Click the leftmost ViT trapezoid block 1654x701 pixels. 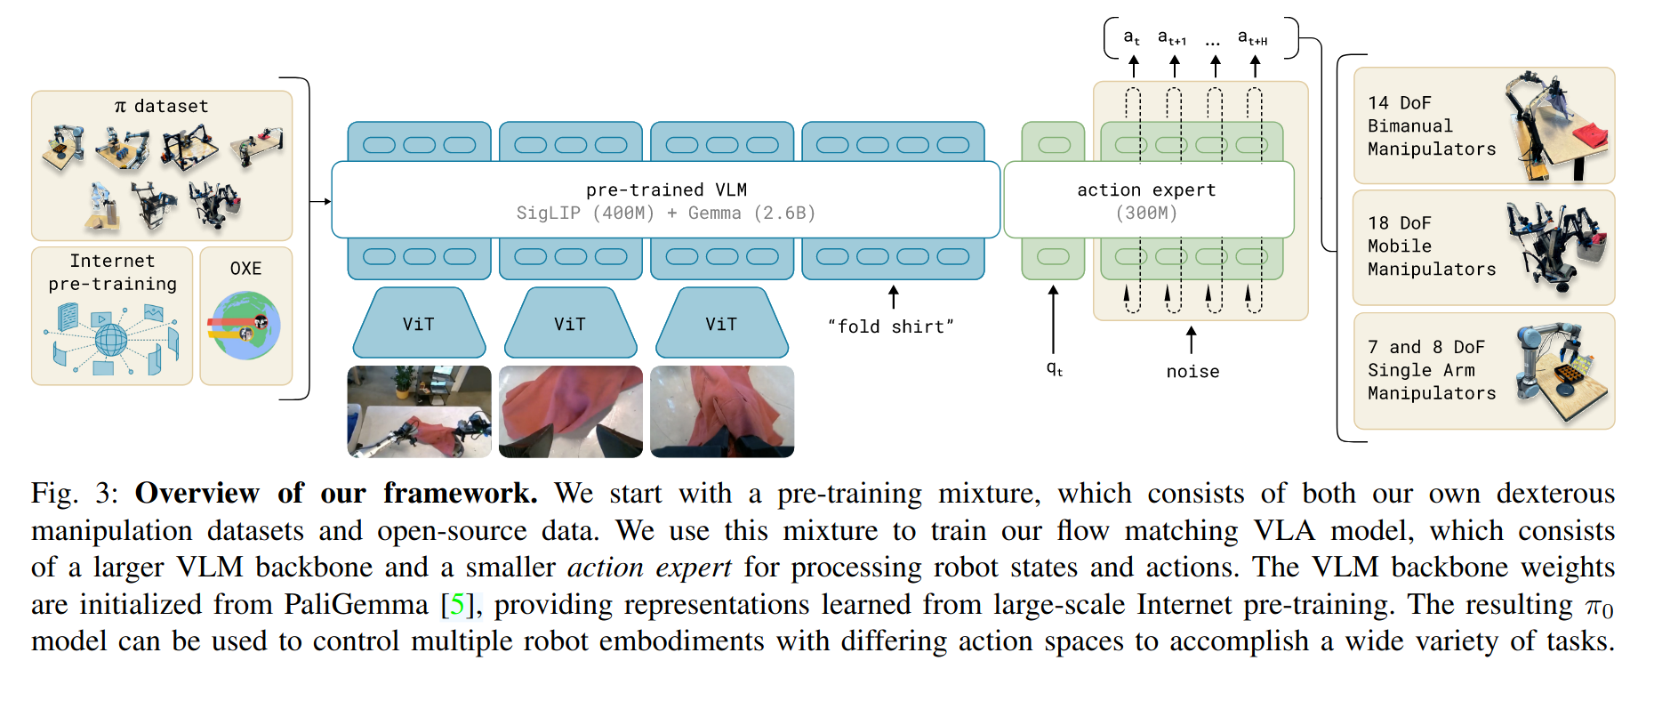point(419,322)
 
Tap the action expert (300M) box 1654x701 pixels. point(1148,200)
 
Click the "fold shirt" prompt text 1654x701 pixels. point(890,326)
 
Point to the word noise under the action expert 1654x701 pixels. point(1192,371)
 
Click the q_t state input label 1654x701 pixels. point(1054,368)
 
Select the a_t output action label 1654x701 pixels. point(1131,37)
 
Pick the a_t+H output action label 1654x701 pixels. point(1252,37)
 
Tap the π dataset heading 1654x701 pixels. point(161,106)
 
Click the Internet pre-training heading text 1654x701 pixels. point(113,272)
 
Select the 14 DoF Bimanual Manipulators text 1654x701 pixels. point(1432,125)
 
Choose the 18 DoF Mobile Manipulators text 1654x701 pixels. point(1432,246)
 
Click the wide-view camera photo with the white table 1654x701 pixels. point(419,412)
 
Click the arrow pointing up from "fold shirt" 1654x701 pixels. point(894,297)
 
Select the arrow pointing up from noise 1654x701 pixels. point(1192,339)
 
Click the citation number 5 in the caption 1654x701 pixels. point(457,605)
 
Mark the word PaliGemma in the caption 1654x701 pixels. point(356,605)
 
